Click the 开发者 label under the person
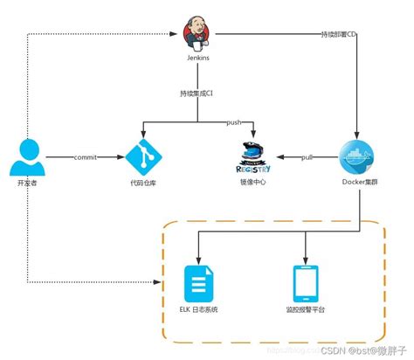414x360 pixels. click(27, 183)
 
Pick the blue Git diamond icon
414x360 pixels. click(144, 157)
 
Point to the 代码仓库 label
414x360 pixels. click(144, 183)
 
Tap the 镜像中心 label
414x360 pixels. click(253, 183)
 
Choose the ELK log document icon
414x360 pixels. click(198, 284)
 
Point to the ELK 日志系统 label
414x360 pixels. click(198, 311)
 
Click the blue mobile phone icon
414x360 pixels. click(305, 284)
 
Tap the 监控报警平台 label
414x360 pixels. click(305, 311)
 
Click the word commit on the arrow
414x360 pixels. click(85, 157)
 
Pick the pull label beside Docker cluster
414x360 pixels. click(307, 157)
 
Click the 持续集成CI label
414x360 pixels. click(198, 93)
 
